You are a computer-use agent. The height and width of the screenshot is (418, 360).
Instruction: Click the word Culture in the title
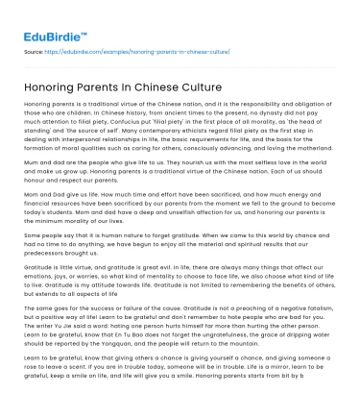[198, 87]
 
